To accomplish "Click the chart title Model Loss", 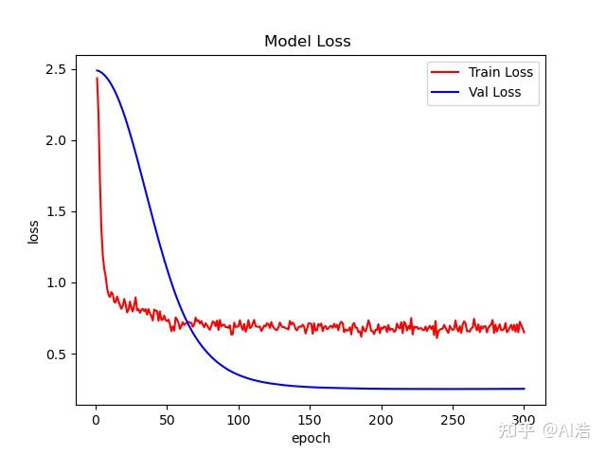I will (307, 42).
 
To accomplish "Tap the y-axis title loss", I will (33, 231).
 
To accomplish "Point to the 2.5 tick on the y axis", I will (54, 69).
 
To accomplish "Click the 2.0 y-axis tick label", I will (54, 140).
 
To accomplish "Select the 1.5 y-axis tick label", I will (54, 211).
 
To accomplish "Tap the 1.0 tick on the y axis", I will (54, 282).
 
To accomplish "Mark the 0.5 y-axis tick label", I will (54, 354).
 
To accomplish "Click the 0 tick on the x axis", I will (95, 420).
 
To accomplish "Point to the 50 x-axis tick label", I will (166, 420).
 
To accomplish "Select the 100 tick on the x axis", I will (238, 420).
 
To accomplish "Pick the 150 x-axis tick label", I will (309, 420).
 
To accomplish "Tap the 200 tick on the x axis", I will (381, 420).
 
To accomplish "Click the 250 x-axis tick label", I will (452, 420).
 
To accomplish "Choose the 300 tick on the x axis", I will (524, 420).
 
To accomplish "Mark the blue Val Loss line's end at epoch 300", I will (524, 389).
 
